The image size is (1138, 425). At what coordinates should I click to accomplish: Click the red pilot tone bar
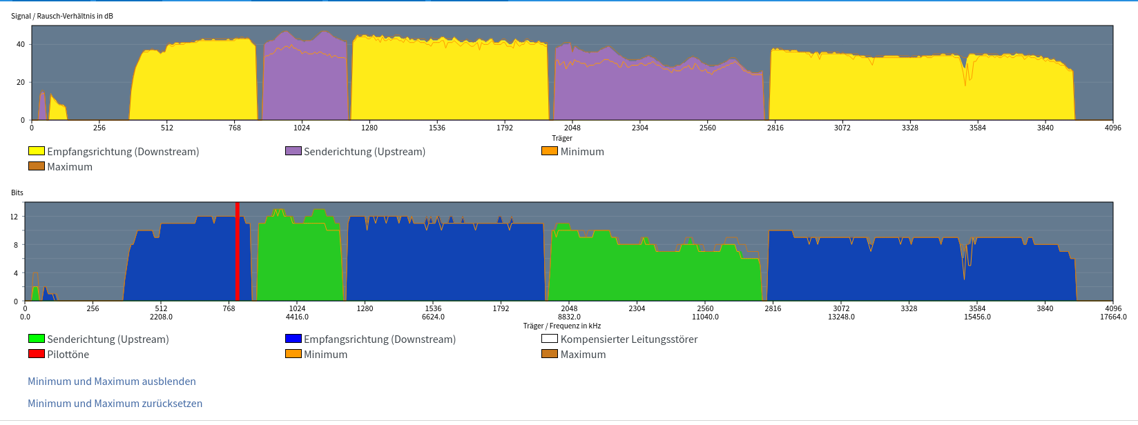pyautogui.click(x=238, y=252)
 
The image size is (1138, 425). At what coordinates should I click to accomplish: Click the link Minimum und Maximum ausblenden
pyautogui.click(x=112, y=382)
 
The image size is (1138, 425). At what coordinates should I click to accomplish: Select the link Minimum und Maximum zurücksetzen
pyautogui.click(x=115, y=404)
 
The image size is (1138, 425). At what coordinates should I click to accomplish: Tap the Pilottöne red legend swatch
pyautogui.click(x=37, y=354)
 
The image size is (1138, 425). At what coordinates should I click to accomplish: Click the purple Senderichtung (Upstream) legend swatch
pyautogui.click(x=293, y=151)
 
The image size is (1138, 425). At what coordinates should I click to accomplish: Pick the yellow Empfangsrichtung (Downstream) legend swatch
pyautogui.click(x=37, y=151)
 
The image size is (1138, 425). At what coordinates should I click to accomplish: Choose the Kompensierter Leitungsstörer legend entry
pyautogui.click(x=629, y=339)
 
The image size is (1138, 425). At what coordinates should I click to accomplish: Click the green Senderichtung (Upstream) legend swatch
pyautogui.click(x=37, y=339)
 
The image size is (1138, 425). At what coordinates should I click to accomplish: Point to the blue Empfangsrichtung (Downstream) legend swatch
pyautogui.click(x=293, y=339)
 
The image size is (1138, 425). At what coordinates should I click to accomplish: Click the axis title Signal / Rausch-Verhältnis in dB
pyautogui.click(x=62, y=16)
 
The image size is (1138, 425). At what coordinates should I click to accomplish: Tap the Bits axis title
pyautogui.click(x=17, y=192)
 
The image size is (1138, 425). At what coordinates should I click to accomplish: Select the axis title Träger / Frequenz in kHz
pyautogui.click(x=562, y=326)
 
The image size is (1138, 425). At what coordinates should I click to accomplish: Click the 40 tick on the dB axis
pyautogui.click(x=21, y=44)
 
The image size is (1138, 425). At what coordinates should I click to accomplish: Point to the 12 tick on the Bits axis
pyautogui.click(x=15, y=217)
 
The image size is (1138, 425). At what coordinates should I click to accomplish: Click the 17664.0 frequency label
pyautogui.click(x=1112, y=317)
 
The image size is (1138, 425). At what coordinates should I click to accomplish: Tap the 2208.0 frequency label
pyautogui.click(x=161, y=317)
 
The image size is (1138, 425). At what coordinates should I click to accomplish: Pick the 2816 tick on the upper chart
pyautogui.click(x=775, y=128)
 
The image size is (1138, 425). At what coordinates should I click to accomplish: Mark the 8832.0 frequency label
pyautogui.click(x=569, y=317)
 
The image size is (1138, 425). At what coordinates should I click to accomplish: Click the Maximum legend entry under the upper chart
pyautogui.click(x=69, y=167)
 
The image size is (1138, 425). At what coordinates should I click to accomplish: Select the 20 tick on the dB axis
pyautogui.click(x=21, y=82)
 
